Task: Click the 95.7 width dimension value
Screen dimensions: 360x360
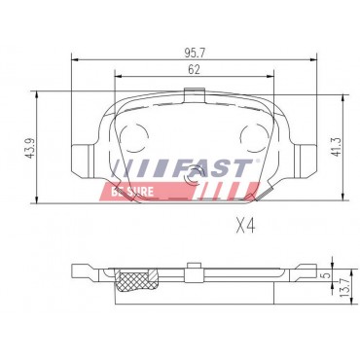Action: pos(195,53)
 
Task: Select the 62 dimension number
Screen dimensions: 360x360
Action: pos(194,69)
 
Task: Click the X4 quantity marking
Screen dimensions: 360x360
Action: pos(245,226)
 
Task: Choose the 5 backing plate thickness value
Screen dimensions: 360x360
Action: pos(327,274)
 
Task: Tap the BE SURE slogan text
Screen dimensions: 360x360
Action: pos(132,192)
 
